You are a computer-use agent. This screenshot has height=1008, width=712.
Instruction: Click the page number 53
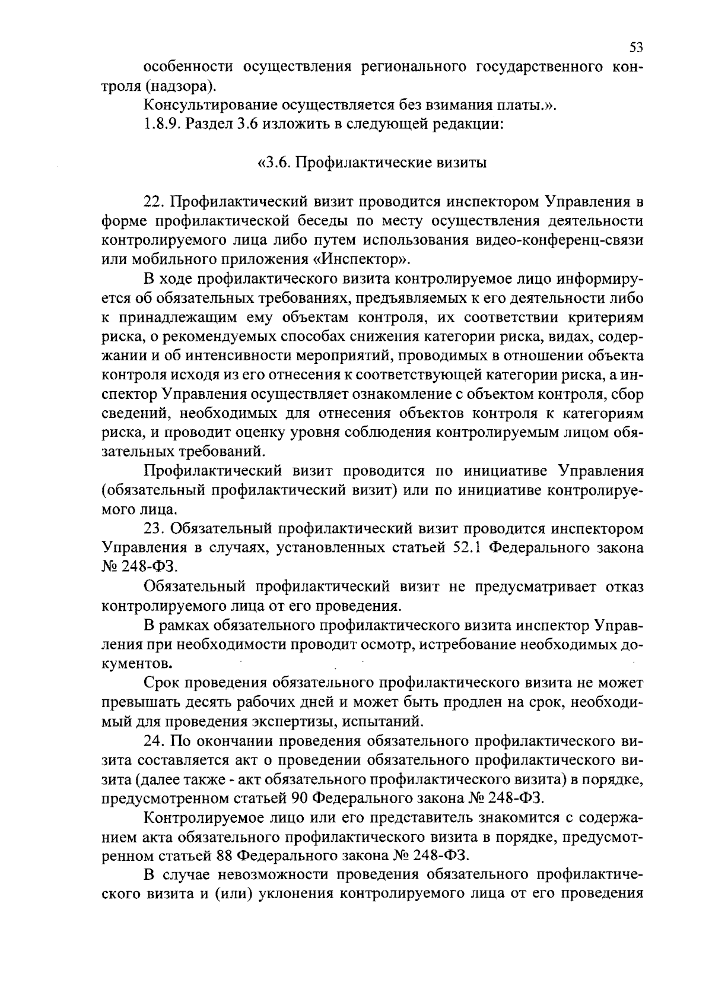(x=636, y=47)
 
